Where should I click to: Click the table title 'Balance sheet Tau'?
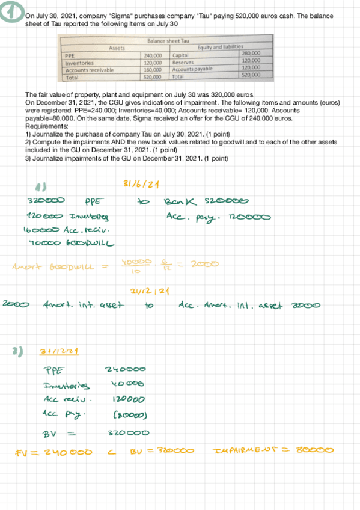point(164,41)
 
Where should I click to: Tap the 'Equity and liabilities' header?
point(220,48)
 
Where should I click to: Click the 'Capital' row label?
point(181,55)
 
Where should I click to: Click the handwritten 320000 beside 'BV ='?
point(124,433)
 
